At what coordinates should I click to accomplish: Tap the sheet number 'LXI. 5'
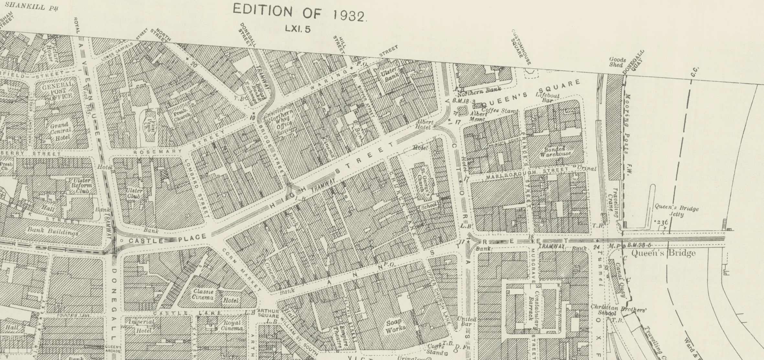coord(298,29)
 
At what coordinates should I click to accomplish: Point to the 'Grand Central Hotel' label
coord(60,131)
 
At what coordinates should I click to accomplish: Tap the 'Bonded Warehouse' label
coord(555,152)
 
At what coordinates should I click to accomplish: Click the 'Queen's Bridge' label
coord(663,253)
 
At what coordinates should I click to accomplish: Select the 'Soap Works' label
coord(395,325)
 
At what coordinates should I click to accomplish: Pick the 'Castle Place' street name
coord(168,239)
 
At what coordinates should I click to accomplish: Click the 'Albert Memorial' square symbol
coord(463,111)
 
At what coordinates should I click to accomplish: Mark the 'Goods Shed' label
coord(617,62)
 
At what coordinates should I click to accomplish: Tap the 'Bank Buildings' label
coord(53,232)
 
